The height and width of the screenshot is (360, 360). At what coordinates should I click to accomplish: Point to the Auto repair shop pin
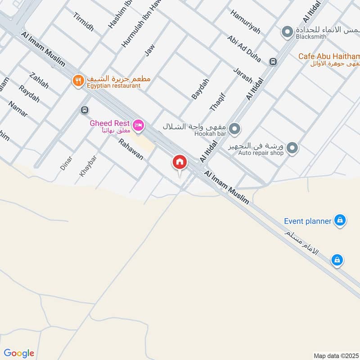click(x=292, y=148)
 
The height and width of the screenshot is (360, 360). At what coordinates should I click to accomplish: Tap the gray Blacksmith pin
click(x=287, y=32)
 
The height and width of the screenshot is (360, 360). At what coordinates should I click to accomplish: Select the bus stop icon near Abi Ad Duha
click(x=272, y=62)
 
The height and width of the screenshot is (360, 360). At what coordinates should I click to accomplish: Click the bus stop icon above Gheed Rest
click(x=84, y=110)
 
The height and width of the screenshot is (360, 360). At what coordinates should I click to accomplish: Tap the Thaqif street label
click(x=216, y=102)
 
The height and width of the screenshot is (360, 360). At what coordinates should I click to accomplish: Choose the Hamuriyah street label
click(x=245, y=22)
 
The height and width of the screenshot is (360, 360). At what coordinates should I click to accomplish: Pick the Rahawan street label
click(x=131, y=150)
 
